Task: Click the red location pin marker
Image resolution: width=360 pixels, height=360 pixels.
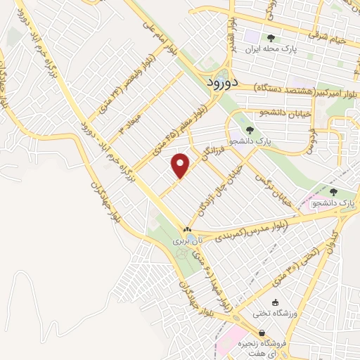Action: coord(181,165)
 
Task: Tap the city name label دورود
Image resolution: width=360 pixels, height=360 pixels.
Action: coord(224,82)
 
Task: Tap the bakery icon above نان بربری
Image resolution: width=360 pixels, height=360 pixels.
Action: coord(187,230)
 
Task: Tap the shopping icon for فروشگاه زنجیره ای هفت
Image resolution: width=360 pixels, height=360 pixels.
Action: coord(262,333)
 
